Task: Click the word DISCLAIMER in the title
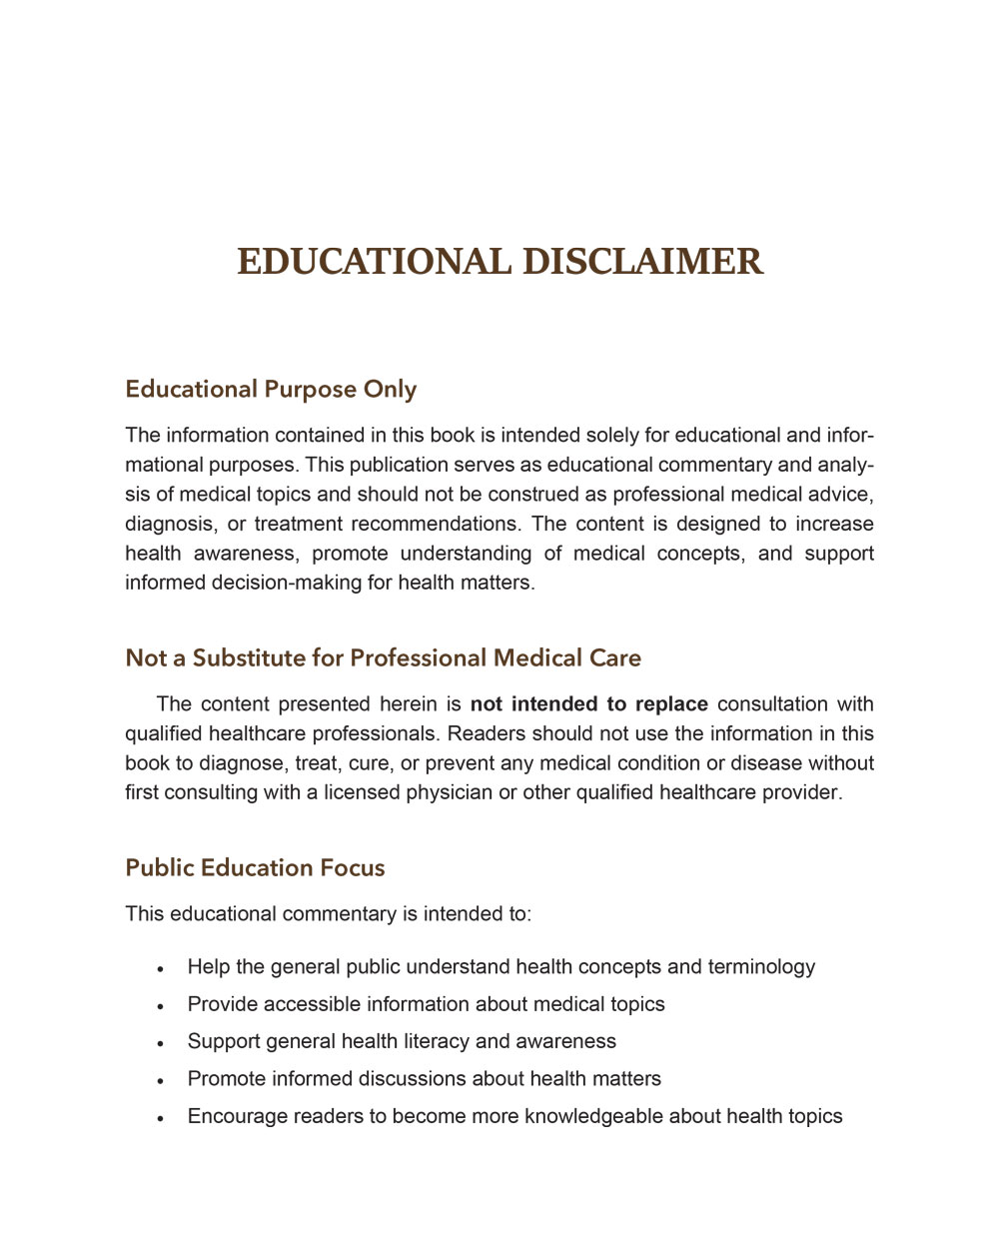[x=642, y=262]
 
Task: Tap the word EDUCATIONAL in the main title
[x=374, y=262]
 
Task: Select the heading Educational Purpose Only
[x=271, y=389]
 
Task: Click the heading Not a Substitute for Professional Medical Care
[x=383, y=657]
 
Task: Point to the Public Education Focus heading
[x=255, y=867]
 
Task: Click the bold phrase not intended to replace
[x=588, y=704]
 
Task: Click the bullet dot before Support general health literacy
[x=160, y=1043]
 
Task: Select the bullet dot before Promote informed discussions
[x=160, y=1080]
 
